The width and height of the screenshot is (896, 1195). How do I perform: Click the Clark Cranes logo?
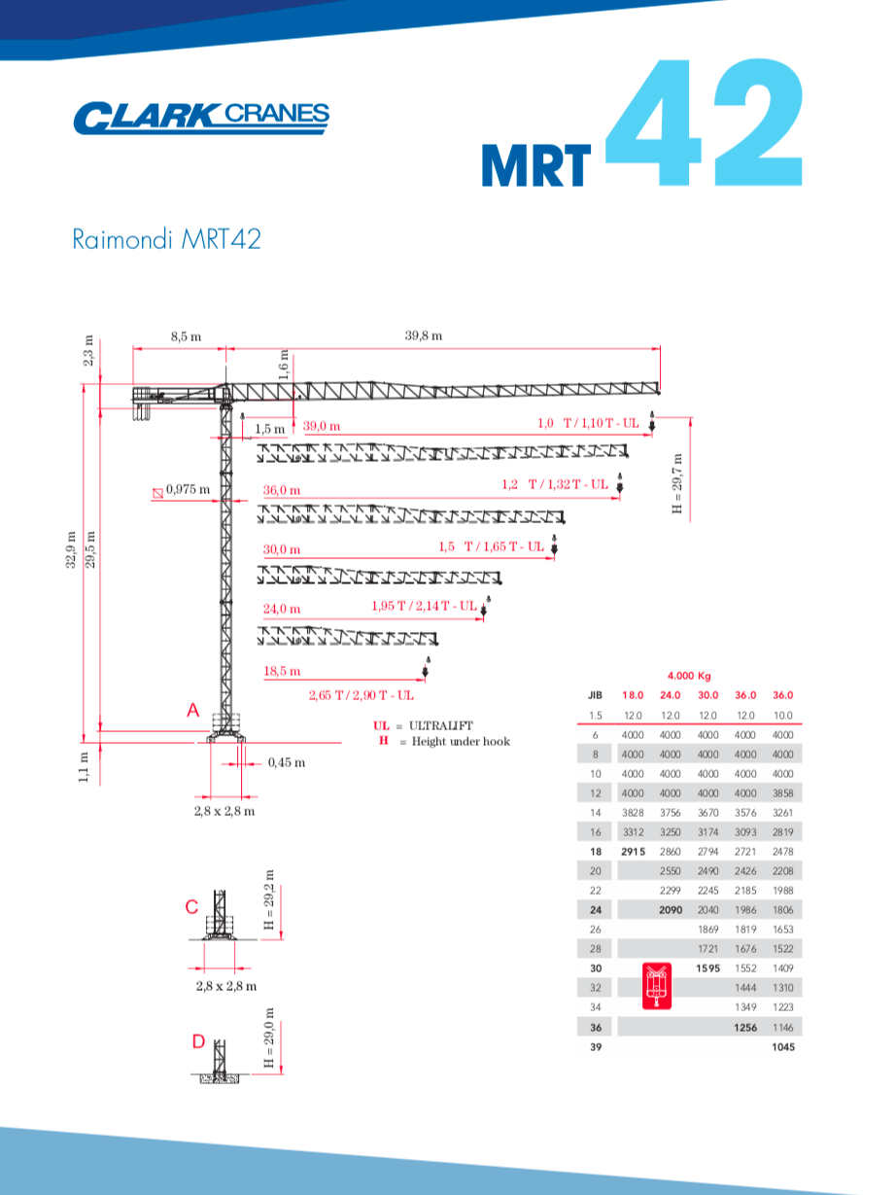pos(201,117)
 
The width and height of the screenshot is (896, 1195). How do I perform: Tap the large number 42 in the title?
pos(706,125)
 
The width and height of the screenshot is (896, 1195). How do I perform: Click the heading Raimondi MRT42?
pos(166,239)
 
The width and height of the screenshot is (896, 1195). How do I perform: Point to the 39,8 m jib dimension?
pos(424,335)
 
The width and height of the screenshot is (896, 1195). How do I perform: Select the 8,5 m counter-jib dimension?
pos(186,335)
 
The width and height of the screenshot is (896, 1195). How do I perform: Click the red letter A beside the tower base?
pos(192,712)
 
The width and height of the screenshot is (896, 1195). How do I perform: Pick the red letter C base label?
pos(191,907)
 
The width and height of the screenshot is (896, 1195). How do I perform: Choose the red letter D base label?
pos(198,1041)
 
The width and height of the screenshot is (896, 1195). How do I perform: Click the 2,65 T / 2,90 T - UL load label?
pos(362,695)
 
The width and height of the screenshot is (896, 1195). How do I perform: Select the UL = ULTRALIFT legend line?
pos(423,725)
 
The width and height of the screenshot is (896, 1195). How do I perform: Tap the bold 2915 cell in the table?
pos(633,851)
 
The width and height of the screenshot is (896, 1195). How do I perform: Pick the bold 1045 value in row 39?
pos(782,1047)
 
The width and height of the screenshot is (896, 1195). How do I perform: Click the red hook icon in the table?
pos(659,983)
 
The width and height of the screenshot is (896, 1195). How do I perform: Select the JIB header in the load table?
pos(596,695)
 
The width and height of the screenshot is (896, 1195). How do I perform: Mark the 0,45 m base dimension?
pos(286,762)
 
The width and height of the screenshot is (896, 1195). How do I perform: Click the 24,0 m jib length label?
pos(282,609)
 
